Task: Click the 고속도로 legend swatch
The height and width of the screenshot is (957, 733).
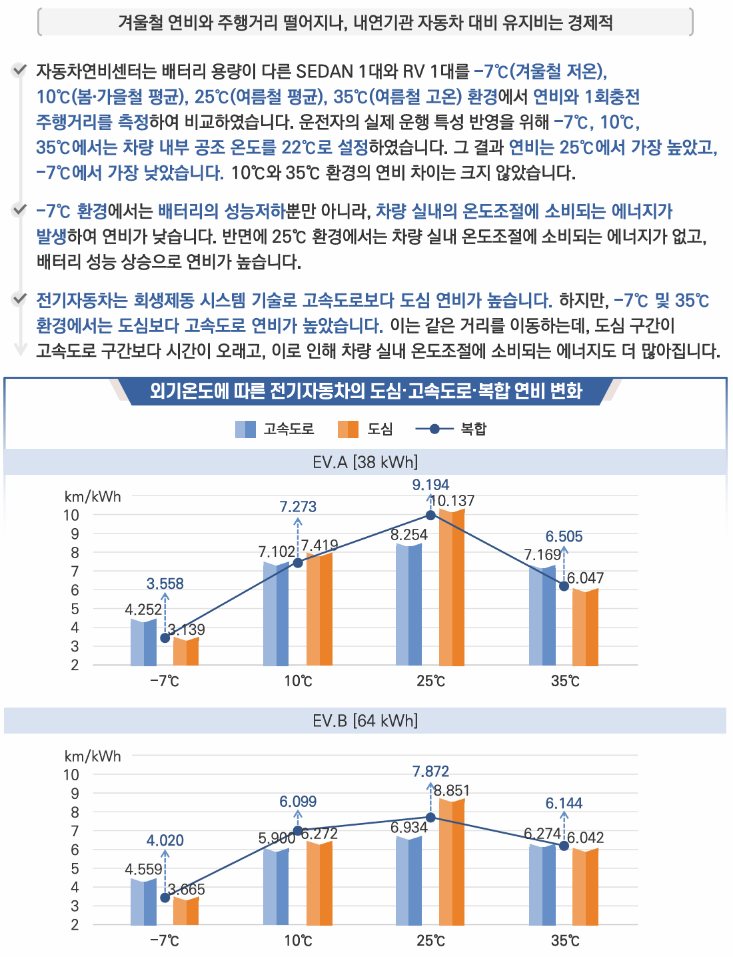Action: coord(245,429)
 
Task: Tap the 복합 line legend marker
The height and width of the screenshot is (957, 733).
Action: coord(434,429)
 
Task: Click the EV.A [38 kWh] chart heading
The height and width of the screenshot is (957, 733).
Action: coord(365,461)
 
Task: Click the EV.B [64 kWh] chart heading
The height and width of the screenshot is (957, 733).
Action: coord(365,721)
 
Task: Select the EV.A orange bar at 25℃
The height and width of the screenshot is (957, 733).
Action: coord(452,588)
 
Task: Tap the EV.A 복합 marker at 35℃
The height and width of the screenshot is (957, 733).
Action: coord(564,586)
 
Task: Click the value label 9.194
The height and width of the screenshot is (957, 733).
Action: coord(430,485)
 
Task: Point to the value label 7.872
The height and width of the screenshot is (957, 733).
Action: coord(430,772)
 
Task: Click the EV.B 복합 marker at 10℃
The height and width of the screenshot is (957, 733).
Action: coord(298,830)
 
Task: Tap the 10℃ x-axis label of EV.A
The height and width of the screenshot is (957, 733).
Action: coord(298,681)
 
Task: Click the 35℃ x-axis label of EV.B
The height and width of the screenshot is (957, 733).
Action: coord(564,941)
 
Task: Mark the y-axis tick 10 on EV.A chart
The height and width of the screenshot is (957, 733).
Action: coord(71,515)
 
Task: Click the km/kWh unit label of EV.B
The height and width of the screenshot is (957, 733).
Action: coord(93,756)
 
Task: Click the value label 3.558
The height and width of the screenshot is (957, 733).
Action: coord(165,584)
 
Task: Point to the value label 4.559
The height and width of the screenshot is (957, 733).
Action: coord(143,870)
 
